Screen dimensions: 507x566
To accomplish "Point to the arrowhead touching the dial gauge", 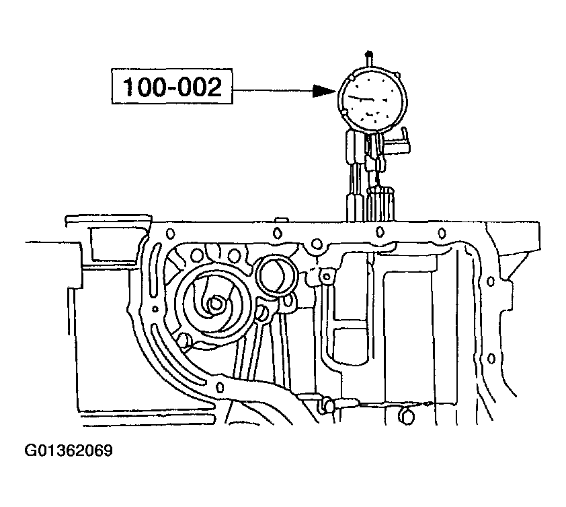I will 325,91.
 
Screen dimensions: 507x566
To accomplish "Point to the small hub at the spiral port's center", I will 214,304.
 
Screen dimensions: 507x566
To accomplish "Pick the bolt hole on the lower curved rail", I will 220,386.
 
